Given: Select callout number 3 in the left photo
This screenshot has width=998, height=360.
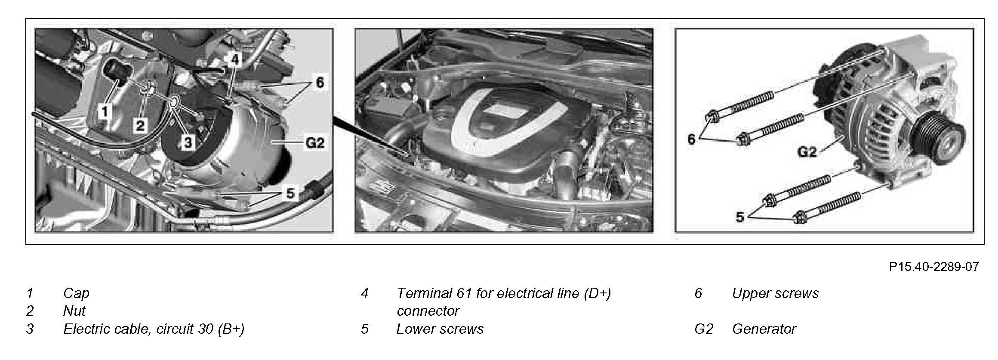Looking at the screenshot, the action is [x=188, y=143].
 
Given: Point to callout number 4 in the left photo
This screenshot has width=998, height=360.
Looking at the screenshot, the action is [x=234, y=60].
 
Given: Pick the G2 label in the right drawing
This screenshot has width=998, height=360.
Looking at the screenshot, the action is [x=807, y=152].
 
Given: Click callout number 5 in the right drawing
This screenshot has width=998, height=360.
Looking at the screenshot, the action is [x=739, y=217].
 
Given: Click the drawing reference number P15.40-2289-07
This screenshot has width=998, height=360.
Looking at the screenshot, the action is [x=934, y=267].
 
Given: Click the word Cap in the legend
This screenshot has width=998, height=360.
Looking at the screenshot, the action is [x=76, y=293].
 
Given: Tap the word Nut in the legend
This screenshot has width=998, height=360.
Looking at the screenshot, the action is [x=74, y=311].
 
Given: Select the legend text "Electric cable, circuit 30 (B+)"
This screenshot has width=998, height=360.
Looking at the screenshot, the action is [x=154, y=329].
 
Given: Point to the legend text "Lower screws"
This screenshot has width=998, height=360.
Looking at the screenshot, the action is [x=440, y=329].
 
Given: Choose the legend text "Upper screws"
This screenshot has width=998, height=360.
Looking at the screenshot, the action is [x=775, y=293].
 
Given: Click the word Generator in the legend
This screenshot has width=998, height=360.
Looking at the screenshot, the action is [x=764, y=329].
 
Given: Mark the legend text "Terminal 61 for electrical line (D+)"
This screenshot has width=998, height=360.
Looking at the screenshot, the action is [x=503, y=293].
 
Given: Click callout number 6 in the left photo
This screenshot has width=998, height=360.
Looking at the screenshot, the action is [x=319, y=82].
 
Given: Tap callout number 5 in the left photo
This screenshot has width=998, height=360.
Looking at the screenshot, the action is [x=290, y=194].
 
